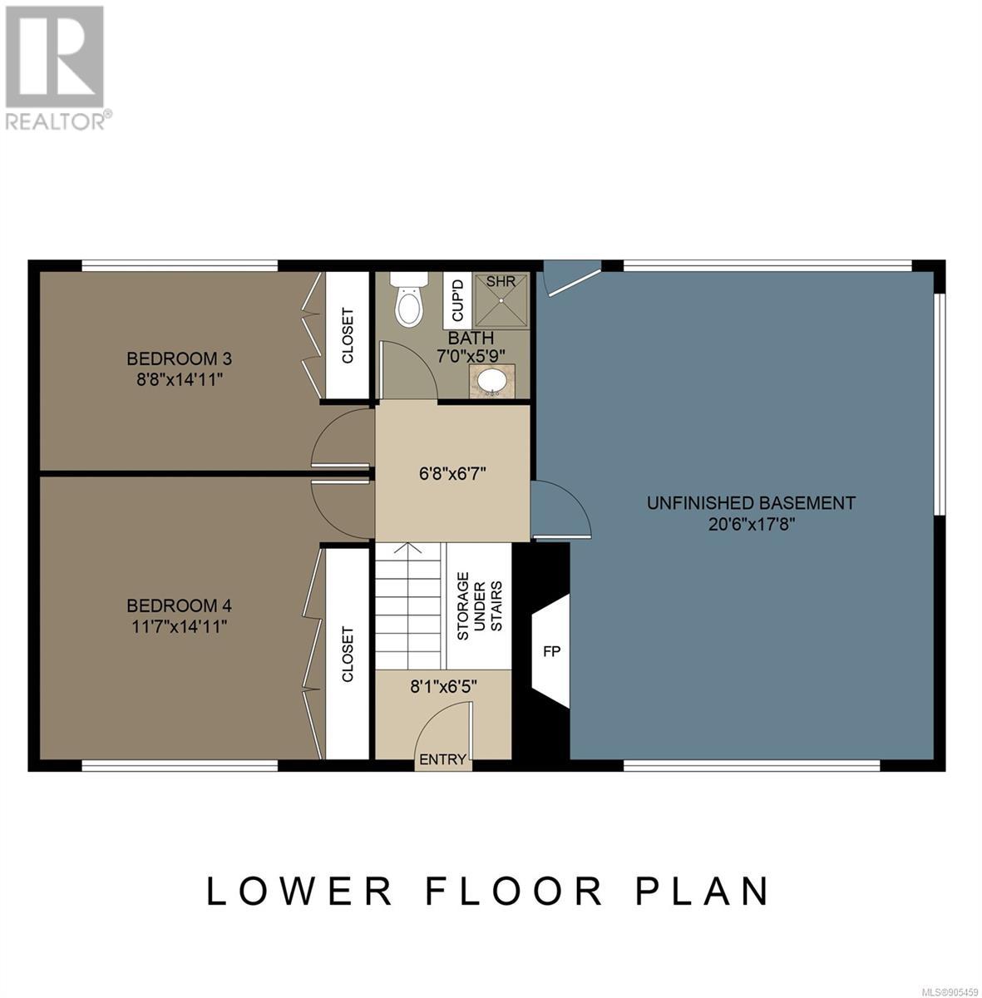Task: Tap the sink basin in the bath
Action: (x=492, y=383)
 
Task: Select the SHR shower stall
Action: (x=502, y=300)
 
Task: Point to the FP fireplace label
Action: (x=551, y=651)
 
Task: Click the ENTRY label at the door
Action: (x=443, y=759)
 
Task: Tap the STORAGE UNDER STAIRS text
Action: (x=480, y=606)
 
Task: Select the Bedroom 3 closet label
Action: (x=348, y=336)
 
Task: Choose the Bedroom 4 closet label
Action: (x=348, y=655)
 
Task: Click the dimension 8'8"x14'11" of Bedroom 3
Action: (x=180, y=380)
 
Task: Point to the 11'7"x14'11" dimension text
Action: (x=180, y=627)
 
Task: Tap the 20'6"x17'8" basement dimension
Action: (x=751, y=525)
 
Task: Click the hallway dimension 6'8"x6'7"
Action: (x=452, y=473)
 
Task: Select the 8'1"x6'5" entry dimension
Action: (x=443, y=687)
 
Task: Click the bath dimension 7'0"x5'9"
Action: (x=471, y=356)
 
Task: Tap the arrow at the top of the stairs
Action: (x=408, y=548)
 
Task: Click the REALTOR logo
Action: (x=56, y=68)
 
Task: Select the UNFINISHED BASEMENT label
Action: (x=751, y=503)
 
